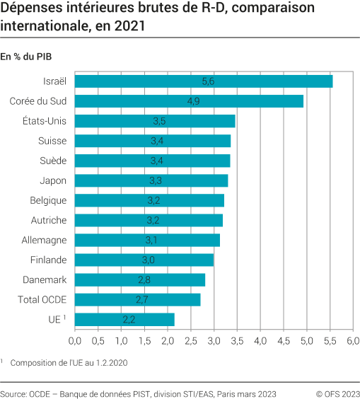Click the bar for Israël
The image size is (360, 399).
(204, 81)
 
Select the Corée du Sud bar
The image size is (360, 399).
(189, 101)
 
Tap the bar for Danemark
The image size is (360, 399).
(140, 280)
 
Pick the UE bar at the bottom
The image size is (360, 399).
(124, 320)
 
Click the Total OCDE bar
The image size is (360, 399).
(137, 300)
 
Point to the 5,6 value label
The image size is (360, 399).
(208, 81)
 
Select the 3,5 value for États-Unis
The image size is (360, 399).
(159, 121)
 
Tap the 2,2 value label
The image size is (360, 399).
(129, 320)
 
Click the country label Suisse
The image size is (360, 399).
(52, 141)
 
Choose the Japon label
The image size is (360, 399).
(54, 180)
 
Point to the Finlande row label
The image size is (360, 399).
(49, 260)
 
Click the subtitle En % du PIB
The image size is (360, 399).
(26, 56)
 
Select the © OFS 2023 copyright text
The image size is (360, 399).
(337, 393)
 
